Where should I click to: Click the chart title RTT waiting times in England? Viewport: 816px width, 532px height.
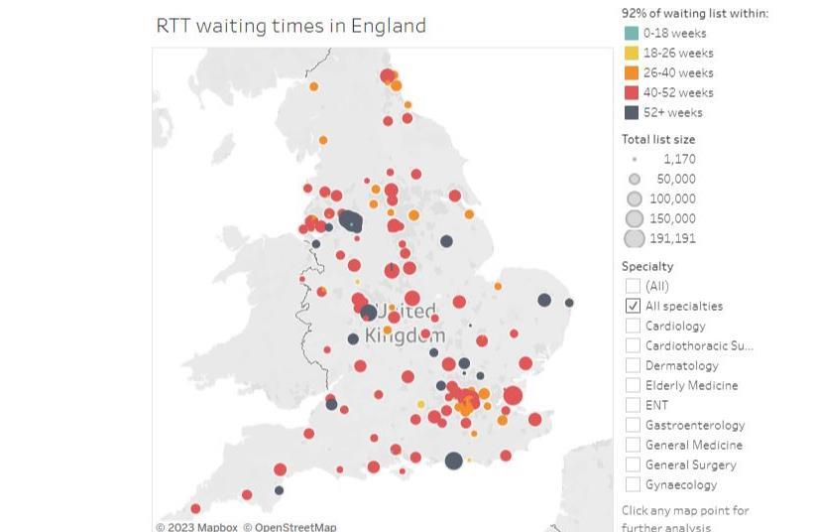(x=291, y=25)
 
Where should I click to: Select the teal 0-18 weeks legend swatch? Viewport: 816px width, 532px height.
(x=632, y=33)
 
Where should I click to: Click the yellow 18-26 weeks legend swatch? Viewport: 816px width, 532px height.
(x=632, y=53)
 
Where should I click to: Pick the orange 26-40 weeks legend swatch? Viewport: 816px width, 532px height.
(x=632, y=72)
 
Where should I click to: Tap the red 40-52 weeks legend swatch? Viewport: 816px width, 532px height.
(x=632, y=92)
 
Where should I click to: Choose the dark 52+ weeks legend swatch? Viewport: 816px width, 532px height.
(x=632, y=112)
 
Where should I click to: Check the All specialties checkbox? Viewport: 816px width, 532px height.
(x=634, y=306)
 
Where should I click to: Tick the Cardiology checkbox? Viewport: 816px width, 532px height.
(x=634, y=326)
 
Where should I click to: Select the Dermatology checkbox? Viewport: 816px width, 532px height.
(x=634, y=365)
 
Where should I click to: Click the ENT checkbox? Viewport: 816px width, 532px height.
(x=634, y=405)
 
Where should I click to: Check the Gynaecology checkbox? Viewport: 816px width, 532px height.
(x=634, y=484)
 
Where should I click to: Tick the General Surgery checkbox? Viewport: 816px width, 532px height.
(x=634, y=465)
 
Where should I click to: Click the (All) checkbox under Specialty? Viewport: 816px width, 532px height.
(x=634, y=286)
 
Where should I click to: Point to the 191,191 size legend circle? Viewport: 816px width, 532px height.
(x=635, y=238)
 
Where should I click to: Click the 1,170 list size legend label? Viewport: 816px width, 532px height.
(x=679, y=159)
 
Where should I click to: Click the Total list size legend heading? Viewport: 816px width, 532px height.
(x=658, y=139)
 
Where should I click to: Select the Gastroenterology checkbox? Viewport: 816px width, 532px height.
(x=634, y=425)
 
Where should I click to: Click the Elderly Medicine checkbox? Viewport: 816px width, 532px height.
(x=634, y=385)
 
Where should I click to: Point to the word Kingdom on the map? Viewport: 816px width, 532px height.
(x=405, y=335)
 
